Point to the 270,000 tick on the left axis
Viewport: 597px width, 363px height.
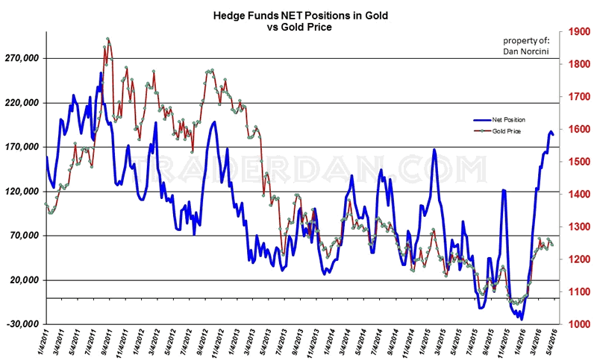click(22, 58)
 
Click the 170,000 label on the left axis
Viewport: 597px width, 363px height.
click(22, 147)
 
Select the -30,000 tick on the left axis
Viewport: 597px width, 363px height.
click(22, 324)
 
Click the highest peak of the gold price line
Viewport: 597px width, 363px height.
click(108, 38)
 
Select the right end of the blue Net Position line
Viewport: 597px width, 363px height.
click(553, 134)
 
